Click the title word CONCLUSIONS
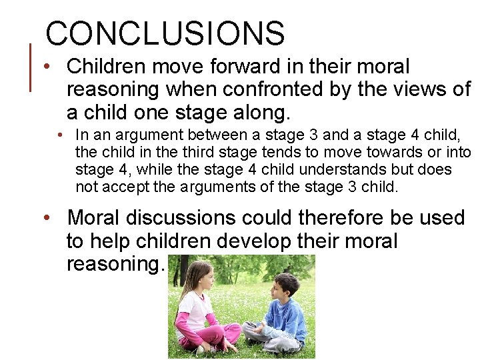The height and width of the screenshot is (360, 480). pos(165,33)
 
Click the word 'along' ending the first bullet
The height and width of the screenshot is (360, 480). pos(260,111)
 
